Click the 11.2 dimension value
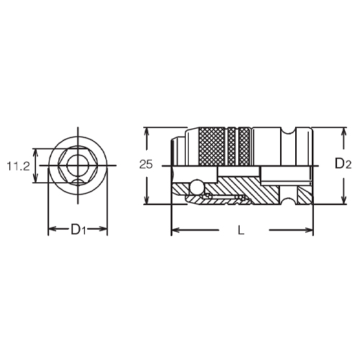18,166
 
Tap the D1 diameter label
78,229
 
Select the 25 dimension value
146,165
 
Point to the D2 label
343,164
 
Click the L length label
240,230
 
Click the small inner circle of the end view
78,166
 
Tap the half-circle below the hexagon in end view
78,182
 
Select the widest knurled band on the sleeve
212,146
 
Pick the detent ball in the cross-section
197,186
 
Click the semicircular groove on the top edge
289,131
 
